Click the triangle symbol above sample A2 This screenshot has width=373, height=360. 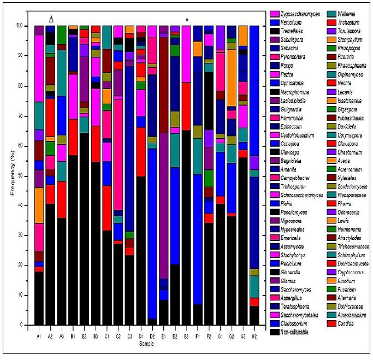point(51,19)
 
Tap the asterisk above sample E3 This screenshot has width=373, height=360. point(187,20)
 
